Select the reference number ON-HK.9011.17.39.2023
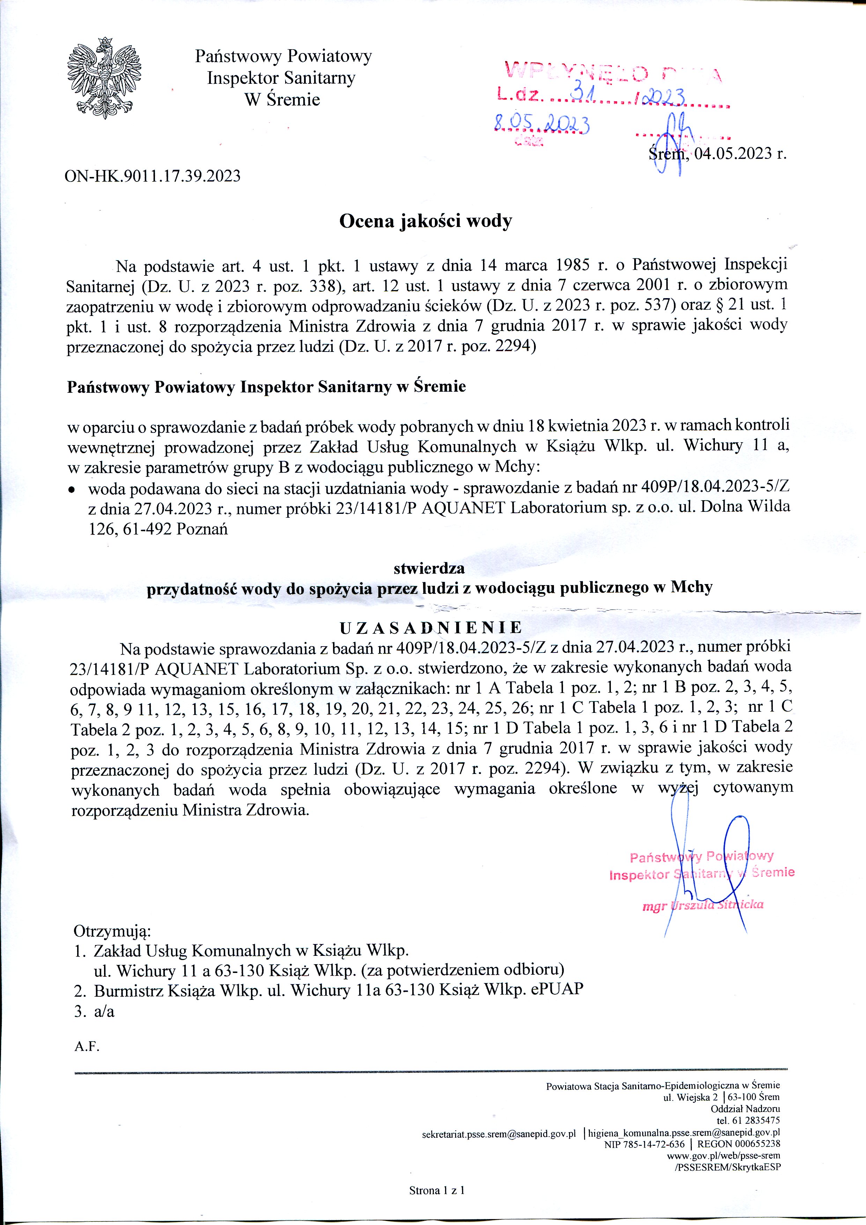153,176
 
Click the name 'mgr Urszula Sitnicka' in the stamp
703,904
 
